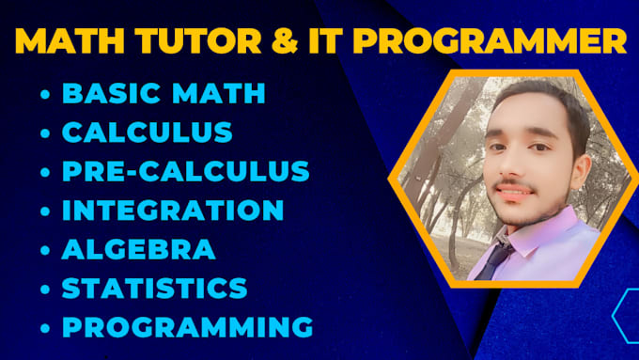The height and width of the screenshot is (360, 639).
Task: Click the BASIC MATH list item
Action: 164,94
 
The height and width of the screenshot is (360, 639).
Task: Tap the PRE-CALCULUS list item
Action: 186,171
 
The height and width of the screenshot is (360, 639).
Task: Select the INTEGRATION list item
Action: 173,210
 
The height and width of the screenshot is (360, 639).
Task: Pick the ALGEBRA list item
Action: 138,249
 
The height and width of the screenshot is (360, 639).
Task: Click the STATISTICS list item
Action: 155,288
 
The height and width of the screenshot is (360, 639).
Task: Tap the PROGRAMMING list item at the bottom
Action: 187,326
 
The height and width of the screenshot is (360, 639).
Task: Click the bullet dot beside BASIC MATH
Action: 45,95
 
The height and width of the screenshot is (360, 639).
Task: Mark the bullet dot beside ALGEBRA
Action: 45,250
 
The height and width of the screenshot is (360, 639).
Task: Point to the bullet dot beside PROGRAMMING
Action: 45,327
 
